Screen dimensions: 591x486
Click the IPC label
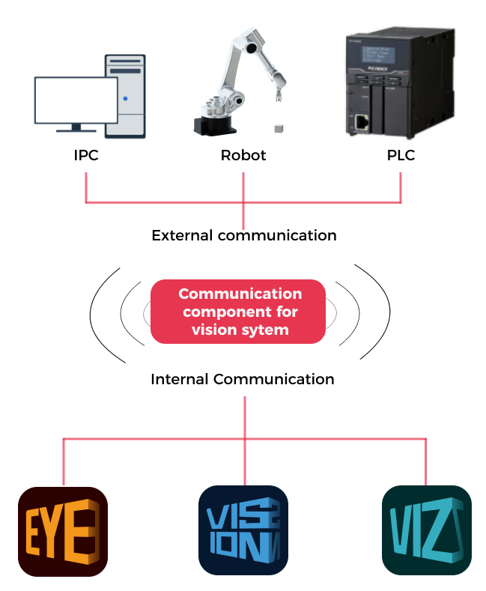click(86, 157)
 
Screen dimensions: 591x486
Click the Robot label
click(243, 157)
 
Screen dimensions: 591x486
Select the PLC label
click(400, 157)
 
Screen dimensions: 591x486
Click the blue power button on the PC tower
click(125, 99)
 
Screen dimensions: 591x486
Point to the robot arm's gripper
click(278, 94)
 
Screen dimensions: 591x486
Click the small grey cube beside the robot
click(279, 130)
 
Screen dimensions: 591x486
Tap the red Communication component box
click(238, 311)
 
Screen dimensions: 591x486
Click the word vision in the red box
click(214, 330)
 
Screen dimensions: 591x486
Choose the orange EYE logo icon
click(63, 531)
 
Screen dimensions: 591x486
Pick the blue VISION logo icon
click(243, 531)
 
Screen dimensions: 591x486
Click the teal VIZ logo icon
click(426, 531)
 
